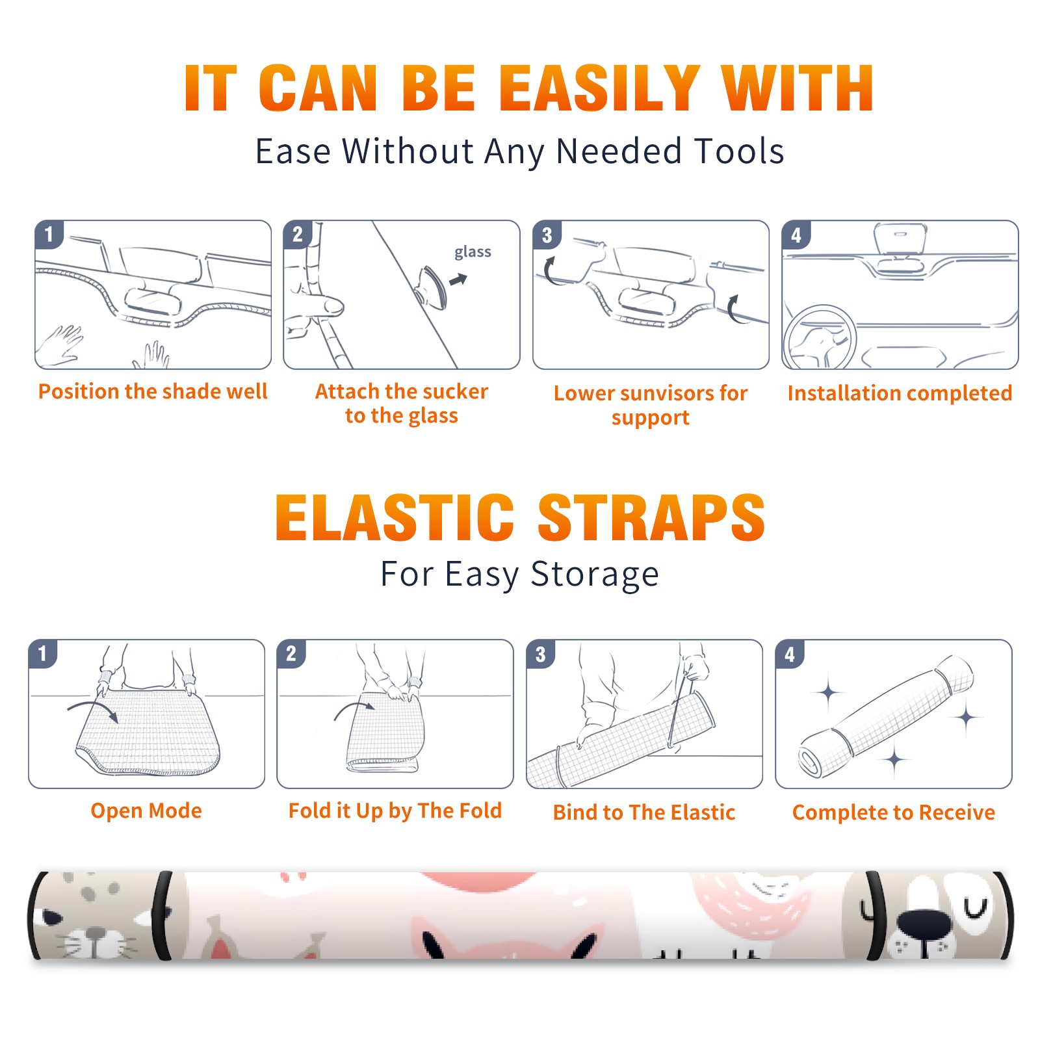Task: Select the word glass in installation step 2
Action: click(x=473, y=252)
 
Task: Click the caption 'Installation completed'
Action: click(x=900, y=393)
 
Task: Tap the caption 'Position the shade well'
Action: click(x=153, y=391)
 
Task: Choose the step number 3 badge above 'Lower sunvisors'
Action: click(x=547, y=235)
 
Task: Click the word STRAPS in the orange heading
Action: click(x=651, y=517)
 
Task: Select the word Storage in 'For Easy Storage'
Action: click(x=595, y=575)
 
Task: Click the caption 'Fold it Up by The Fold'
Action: click(x=395, y=811)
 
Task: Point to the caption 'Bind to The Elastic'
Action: click(x=644, y=812)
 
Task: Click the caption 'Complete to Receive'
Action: click(x=894, y=812)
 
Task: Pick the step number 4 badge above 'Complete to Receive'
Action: click(x=790, y=654)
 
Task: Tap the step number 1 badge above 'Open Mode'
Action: click(x=42, y=653)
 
